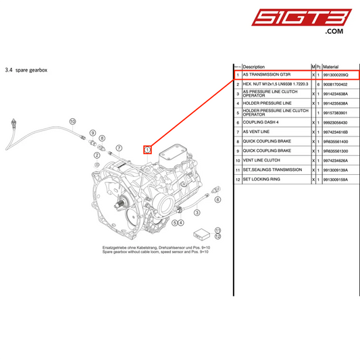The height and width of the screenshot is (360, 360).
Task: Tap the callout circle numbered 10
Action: click(x=72, y=122)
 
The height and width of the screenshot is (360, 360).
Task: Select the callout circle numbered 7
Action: click(x=119, y=147)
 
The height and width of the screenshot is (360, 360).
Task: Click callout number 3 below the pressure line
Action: click(x=197, y=212)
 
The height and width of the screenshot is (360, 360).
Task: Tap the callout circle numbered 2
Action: click(x=97, y=155)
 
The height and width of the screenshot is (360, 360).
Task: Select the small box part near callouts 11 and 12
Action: click(x=200, y=234)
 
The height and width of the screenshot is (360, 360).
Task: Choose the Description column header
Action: click(x=254, y=67)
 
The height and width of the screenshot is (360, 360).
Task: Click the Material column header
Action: click(x=331, y=67)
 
